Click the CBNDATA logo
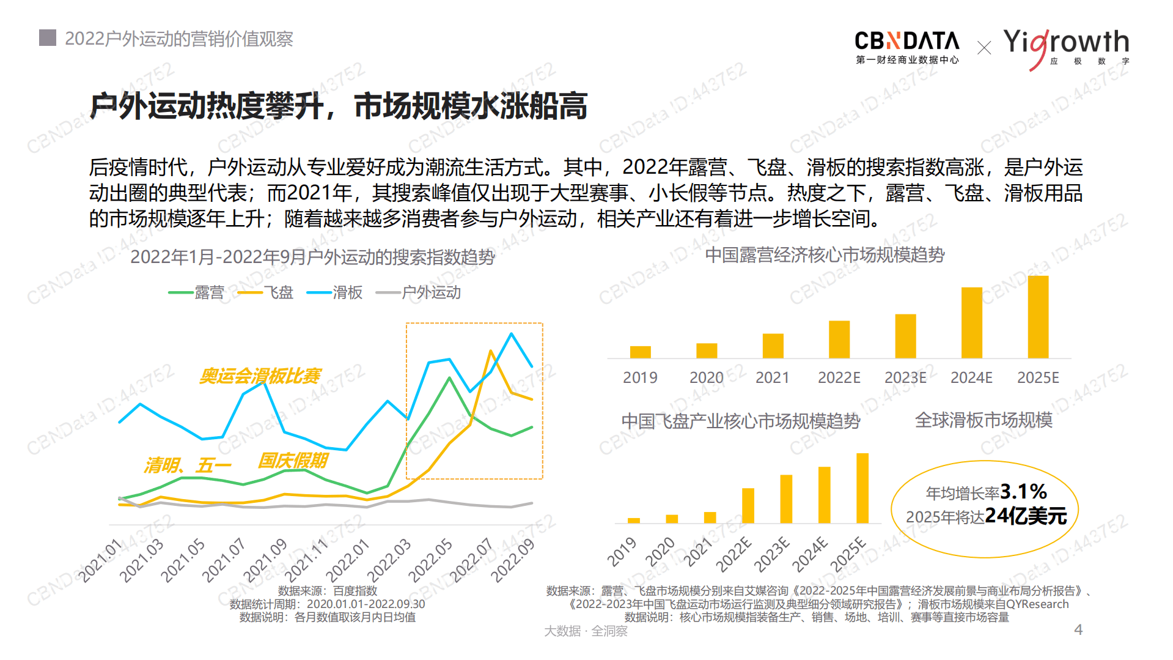point(907,46)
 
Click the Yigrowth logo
point(1066,46)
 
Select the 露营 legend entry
point(197,292)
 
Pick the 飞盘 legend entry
point(266,292)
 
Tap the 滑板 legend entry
point(335,292)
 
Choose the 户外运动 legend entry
point(419,292)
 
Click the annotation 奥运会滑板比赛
point(260,376)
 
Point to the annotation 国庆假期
point(293,460)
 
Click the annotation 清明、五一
point(188,465)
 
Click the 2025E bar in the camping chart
point(1038,317)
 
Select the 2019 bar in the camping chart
point(640,352)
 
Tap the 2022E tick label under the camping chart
point(839,378)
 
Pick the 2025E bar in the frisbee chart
point(862,488)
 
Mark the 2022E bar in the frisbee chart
point(748,505)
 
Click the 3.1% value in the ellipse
point(1024,491)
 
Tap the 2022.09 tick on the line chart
point(513,560)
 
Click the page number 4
point(1078,629)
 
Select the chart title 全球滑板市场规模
point(984,420)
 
